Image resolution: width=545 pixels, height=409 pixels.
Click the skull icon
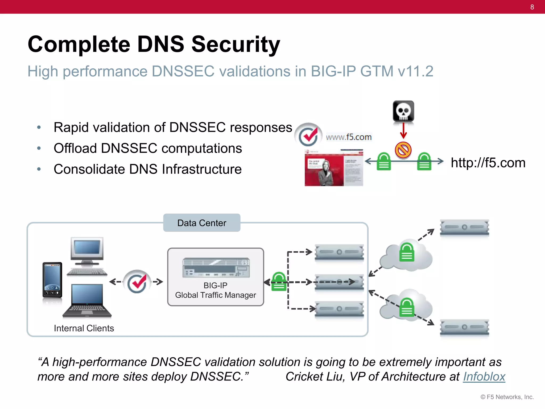403,111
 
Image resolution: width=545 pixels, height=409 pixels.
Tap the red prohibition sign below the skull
403,150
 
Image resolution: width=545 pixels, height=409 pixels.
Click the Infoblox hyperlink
484,377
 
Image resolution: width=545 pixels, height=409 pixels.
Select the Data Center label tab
202,223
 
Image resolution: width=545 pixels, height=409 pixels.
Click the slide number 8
532,7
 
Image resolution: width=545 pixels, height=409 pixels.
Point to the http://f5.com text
488,163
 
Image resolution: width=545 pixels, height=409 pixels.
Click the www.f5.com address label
349,137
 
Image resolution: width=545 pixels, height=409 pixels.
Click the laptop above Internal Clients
87,301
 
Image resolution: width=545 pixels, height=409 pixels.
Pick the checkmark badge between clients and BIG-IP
137,282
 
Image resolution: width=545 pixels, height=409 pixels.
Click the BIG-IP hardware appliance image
216,268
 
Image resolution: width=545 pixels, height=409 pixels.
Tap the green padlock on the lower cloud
407,308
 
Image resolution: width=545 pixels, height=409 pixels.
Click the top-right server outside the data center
464,227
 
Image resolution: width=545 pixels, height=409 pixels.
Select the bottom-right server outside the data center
464,327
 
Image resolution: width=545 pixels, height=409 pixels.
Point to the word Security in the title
236,44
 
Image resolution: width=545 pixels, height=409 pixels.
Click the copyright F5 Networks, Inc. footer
507,397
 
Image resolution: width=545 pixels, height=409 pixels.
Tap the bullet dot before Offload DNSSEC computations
39,148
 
